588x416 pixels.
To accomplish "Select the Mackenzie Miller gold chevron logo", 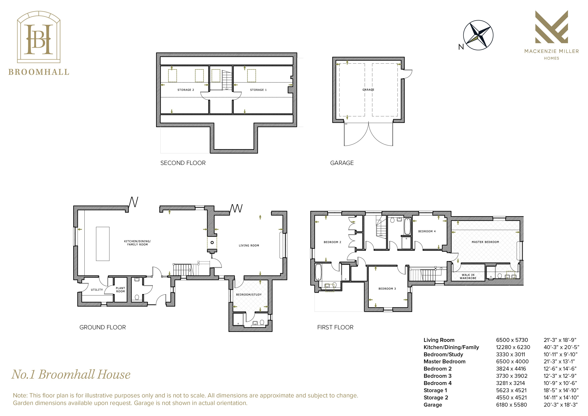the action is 552,27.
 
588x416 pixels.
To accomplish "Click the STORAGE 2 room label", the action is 186,90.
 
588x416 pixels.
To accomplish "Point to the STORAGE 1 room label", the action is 258,90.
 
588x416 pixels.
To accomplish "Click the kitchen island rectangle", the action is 103,244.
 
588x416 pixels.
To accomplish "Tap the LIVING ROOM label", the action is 249,246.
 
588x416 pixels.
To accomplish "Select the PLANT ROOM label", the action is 120,290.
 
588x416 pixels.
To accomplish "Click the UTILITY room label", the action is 97,290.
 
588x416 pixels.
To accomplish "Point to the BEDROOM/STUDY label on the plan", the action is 249,295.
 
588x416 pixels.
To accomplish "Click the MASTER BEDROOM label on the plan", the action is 485,242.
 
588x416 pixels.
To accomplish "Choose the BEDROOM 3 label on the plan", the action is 387,289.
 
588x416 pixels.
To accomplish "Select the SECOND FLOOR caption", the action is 183,163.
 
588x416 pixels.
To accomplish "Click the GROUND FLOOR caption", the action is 102,327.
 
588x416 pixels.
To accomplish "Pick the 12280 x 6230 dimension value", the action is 513,347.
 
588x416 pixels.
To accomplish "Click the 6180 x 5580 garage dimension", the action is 511,405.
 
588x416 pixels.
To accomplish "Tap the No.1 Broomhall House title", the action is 71,374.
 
